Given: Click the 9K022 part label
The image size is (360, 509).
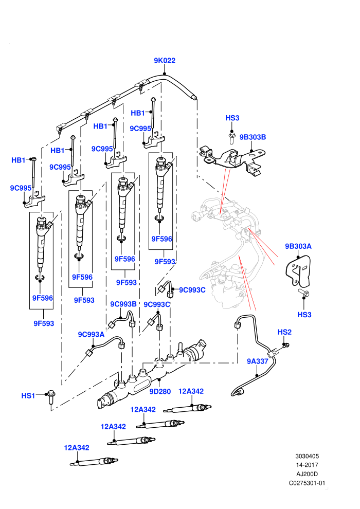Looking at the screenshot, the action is [165, 61].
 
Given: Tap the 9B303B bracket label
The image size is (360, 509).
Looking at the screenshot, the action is [253, 137].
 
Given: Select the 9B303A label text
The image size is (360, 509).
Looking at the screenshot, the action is [298, 246].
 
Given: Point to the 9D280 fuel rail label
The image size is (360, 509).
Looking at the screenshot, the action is [160, 391].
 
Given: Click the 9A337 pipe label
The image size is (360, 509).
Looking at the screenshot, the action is [258, 361].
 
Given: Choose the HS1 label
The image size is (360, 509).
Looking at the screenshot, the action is [28, 395].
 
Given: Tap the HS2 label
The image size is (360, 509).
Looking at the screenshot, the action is [285, 332].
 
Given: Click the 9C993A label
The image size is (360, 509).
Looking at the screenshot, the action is [91, 334].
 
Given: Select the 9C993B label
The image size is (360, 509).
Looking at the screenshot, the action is [123, 304].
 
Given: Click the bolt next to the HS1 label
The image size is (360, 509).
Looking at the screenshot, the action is [50, 397].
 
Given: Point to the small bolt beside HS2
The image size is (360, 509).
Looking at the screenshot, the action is [285, 345].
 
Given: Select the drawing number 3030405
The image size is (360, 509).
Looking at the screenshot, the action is [307, 456].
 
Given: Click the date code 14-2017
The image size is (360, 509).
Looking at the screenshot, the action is [307, 465].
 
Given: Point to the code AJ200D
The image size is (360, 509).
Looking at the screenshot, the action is [307, 474].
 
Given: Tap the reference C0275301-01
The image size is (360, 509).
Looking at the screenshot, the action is [307, 483].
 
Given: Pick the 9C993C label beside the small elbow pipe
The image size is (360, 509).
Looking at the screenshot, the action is [192, 290].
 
